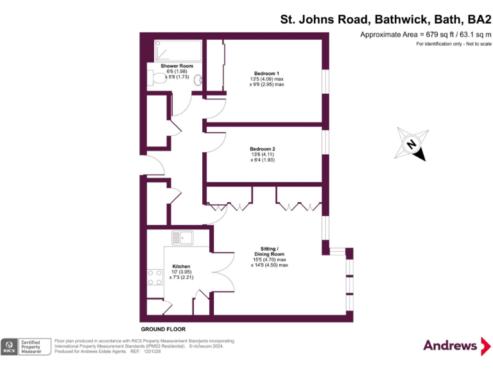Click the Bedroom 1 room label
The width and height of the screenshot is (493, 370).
pos(266,73)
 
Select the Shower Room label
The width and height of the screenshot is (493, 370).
pos(177,66)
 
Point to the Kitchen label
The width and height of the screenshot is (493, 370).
pos(181,266)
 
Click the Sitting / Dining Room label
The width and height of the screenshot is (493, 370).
pos(269,251)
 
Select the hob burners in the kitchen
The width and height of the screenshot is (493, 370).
pos(155,276)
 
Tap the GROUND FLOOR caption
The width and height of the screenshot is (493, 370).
pos(163,329)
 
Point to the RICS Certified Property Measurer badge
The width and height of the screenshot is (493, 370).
pos(26,346)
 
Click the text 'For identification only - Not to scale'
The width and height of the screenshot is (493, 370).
pos(453,44)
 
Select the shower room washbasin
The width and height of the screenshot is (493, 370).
pos(199,81)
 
